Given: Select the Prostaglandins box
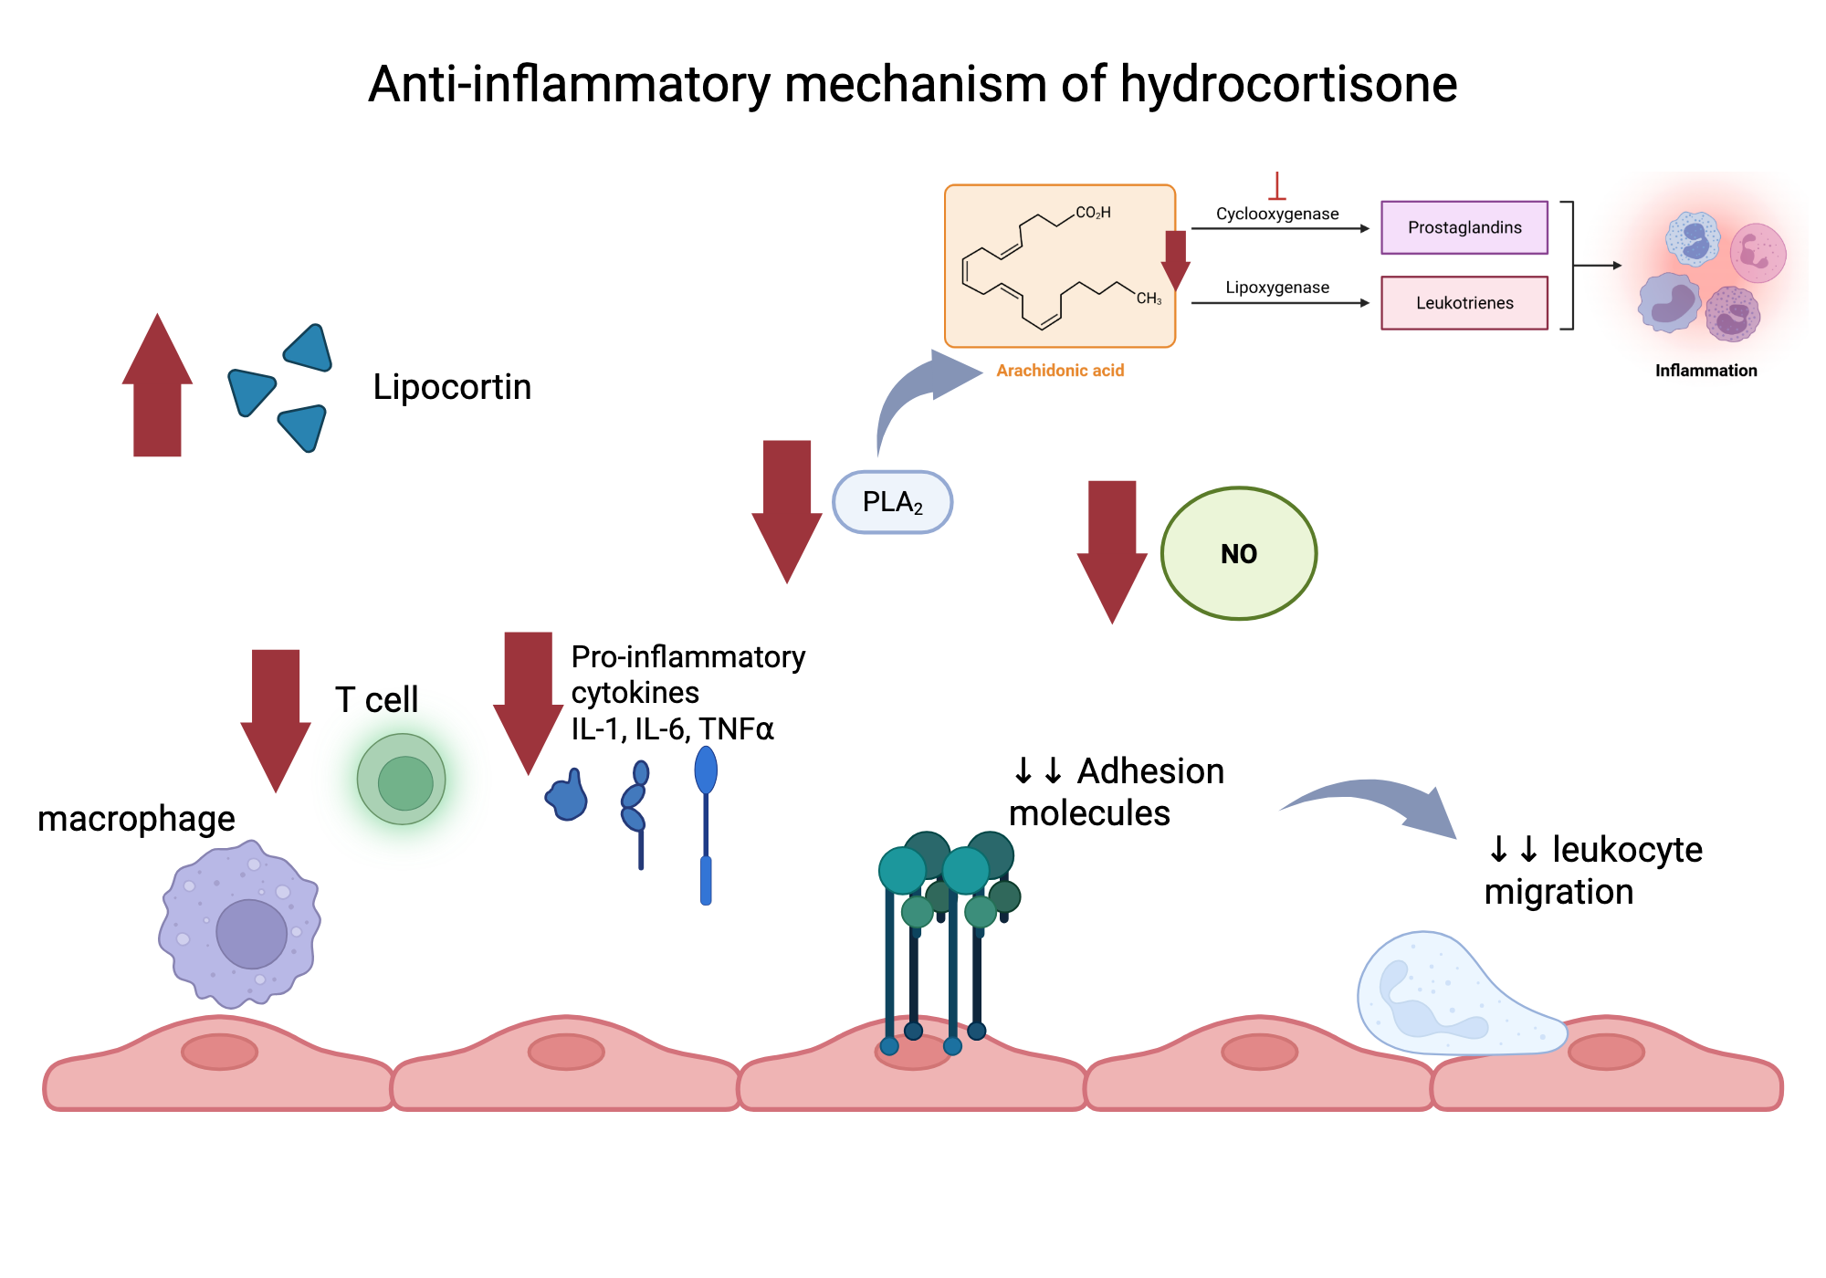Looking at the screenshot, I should point(1464,227).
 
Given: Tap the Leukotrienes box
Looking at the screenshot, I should point(1464,303).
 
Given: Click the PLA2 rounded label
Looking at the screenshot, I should point(892,502).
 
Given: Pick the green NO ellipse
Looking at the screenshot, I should point(1238,553).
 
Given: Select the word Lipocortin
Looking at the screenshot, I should point(452,387).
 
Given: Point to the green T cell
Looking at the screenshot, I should point(402,780).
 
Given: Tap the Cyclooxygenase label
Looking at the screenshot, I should point(1276,214).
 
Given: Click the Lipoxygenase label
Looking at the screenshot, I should point(1276,288).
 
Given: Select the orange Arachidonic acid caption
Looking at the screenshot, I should point(1059,371).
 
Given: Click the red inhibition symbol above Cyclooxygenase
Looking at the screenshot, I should point(1276,187).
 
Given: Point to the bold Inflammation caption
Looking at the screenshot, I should point(1705,371).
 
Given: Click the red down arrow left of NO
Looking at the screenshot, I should point(1112,548).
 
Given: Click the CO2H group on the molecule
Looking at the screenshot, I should point(1092,213).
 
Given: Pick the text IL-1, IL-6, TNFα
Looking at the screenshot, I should point(672,729).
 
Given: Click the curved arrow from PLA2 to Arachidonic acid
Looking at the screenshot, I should point(913,393).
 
